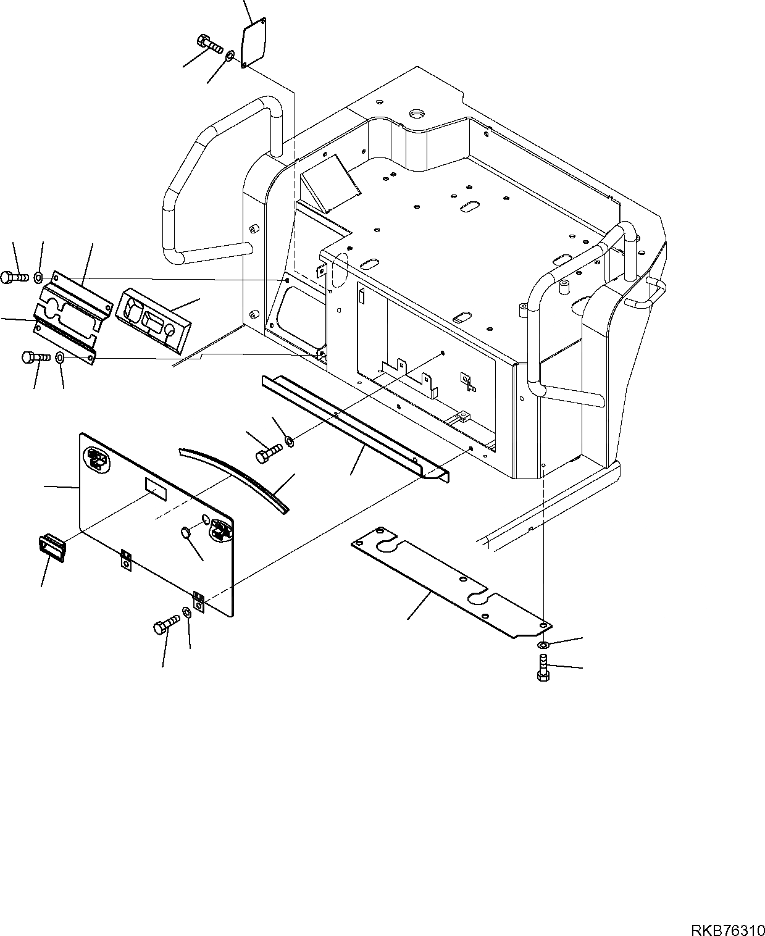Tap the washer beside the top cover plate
230,57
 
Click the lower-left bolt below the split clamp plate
35,357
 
